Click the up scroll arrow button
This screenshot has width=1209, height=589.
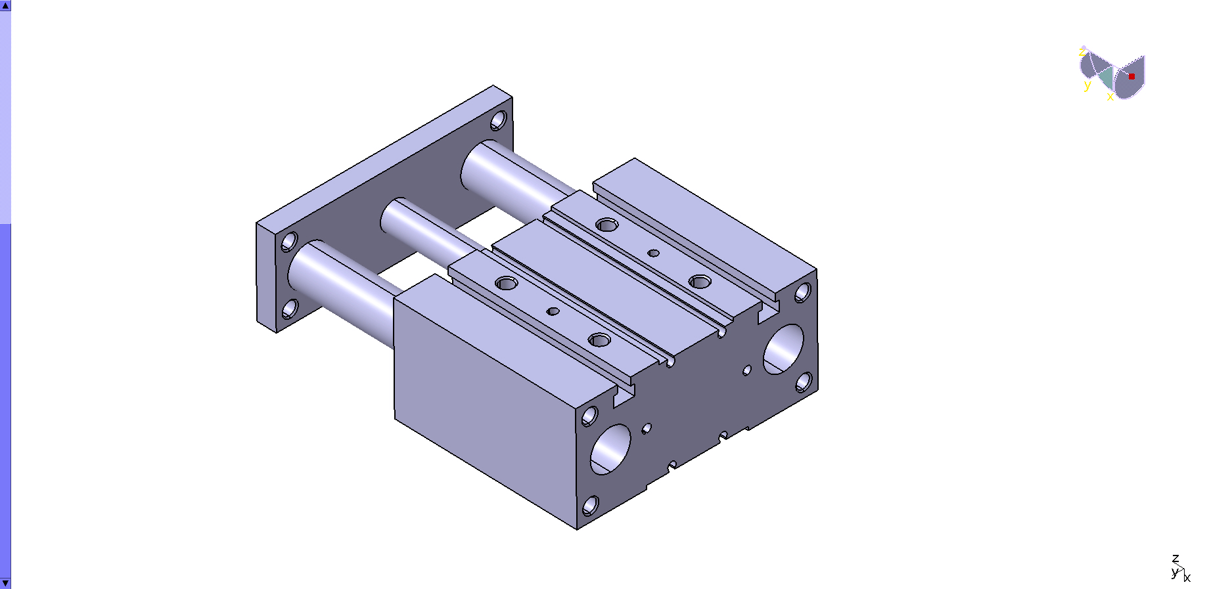pos(5,5)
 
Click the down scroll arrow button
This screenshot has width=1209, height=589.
pos(5,583)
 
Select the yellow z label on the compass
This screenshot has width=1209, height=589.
pos(1082,52)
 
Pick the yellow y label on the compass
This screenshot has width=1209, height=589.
pos(1087,85)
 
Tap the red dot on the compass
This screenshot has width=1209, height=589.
pos(1131,76)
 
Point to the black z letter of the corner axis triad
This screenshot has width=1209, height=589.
pos(1175,559)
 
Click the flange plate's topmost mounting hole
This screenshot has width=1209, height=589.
pos(498,121)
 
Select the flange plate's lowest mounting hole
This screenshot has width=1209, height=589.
pos(290,309)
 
